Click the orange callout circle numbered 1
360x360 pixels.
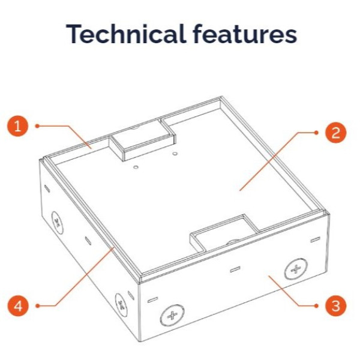click(x=18, y=126)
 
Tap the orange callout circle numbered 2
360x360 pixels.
click(x=335, y=133)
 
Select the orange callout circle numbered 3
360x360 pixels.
click(x=335, y=306)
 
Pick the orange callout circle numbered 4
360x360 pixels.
click(x=18, y=306)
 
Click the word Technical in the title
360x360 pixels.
click(x=125, y=34)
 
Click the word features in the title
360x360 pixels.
click(x=245, y=34)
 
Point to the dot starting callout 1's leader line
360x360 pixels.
click(x=37, y=126)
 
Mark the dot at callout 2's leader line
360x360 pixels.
click(x=316, y=133)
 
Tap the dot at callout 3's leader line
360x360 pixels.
click(x=316, y=305)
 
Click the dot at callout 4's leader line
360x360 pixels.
click(x=37, y=306)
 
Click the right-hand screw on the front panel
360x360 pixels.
click(x=296, y=269)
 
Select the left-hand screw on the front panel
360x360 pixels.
click(x=172, y=316)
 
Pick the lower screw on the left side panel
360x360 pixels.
click(x=121, y=305)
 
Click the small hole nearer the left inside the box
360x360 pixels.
click(x=136, y=167)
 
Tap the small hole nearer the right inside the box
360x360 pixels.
click(x=175, y=153)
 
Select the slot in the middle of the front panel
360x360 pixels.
click(x=235, y=269)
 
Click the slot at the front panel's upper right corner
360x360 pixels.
click(x=315, y=239)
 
